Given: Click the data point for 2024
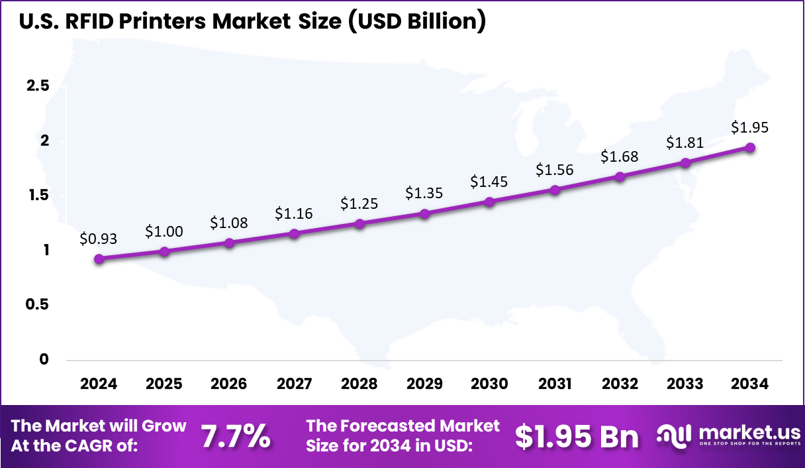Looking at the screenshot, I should tap(99, 259).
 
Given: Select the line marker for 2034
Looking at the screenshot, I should tap(751, 147).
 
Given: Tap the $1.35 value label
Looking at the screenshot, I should tap(424, 193).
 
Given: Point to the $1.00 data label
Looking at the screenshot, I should tap(164, 231).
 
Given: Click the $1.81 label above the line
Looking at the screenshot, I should tap(685, 142).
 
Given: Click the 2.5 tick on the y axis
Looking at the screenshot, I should tap(37, 87).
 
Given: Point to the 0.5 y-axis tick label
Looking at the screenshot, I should tap(37, 304).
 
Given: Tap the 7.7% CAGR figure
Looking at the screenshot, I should tap(235, 436).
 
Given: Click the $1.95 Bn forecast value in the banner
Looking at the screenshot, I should tap(577, 436).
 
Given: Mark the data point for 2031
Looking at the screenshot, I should tap(555, 190).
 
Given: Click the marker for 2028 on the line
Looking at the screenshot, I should tap(359, 223).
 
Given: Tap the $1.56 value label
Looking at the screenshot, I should tap(555, 170).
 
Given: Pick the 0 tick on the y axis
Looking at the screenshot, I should tap(44, 359).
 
